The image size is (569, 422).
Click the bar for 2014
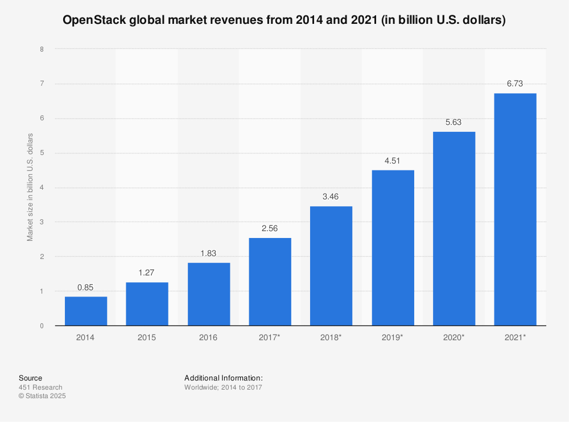tap(86, 311)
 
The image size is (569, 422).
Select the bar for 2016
tap(209, 294)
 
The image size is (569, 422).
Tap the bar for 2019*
tap(393, 248)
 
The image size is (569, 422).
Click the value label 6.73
tap(515, 83)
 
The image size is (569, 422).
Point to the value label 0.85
tap(86, 287)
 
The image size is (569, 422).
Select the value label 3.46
tap(331, 197)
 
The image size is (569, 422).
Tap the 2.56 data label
tap(270, 228)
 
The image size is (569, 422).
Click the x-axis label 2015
tap(147, 337)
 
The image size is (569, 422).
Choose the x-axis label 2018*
tap(331, 337)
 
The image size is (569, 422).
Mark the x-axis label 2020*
tap(454, 337)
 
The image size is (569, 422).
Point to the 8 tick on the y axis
tap(42, 49)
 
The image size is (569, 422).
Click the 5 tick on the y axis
tap(42, 153)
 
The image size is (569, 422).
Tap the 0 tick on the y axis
tap(42, 326)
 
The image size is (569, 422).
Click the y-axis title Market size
tap(30, 187)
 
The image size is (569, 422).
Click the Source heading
tap(30, 378)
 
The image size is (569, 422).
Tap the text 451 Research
tap(40, 387)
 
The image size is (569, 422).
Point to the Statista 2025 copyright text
tap(42, 396)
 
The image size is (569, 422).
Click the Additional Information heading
tap(223, 378)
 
